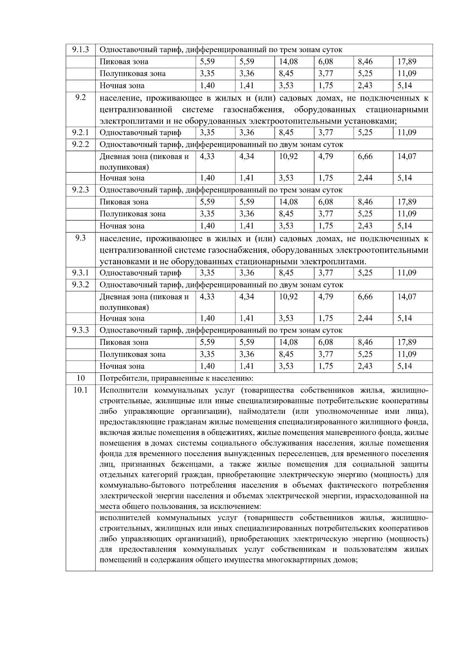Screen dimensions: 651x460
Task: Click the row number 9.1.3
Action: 80,49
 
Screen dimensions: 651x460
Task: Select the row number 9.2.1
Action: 80,132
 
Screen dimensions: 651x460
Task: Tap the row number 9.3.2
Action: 80,285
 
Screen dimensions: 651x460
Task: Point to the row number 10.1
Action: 80,390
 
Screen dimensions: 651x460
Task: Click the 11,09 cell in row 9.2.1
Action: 407,132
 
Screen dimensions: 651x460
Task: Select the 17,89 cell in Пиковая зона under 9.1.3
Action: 407,61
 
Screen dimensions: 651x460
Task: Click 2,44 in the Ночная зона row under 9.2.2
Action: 365,178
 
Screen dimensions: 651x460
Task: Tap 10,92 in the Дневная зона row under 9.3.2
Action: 288,297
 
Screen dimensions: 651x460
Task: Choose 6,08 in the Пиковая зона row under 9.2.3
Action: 325,202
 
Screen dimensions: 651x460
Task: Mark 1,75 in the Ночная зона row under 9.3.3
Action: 325,366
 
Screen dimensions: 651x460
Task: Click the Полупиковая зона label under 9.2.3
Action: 133,214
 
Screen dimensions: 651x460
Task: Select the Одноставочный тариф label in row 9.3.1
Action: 140,273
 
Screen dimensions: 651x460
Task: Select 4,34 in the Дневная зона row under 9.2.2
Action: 247,157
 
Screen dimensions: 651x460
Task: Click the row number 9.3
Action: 80,238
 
